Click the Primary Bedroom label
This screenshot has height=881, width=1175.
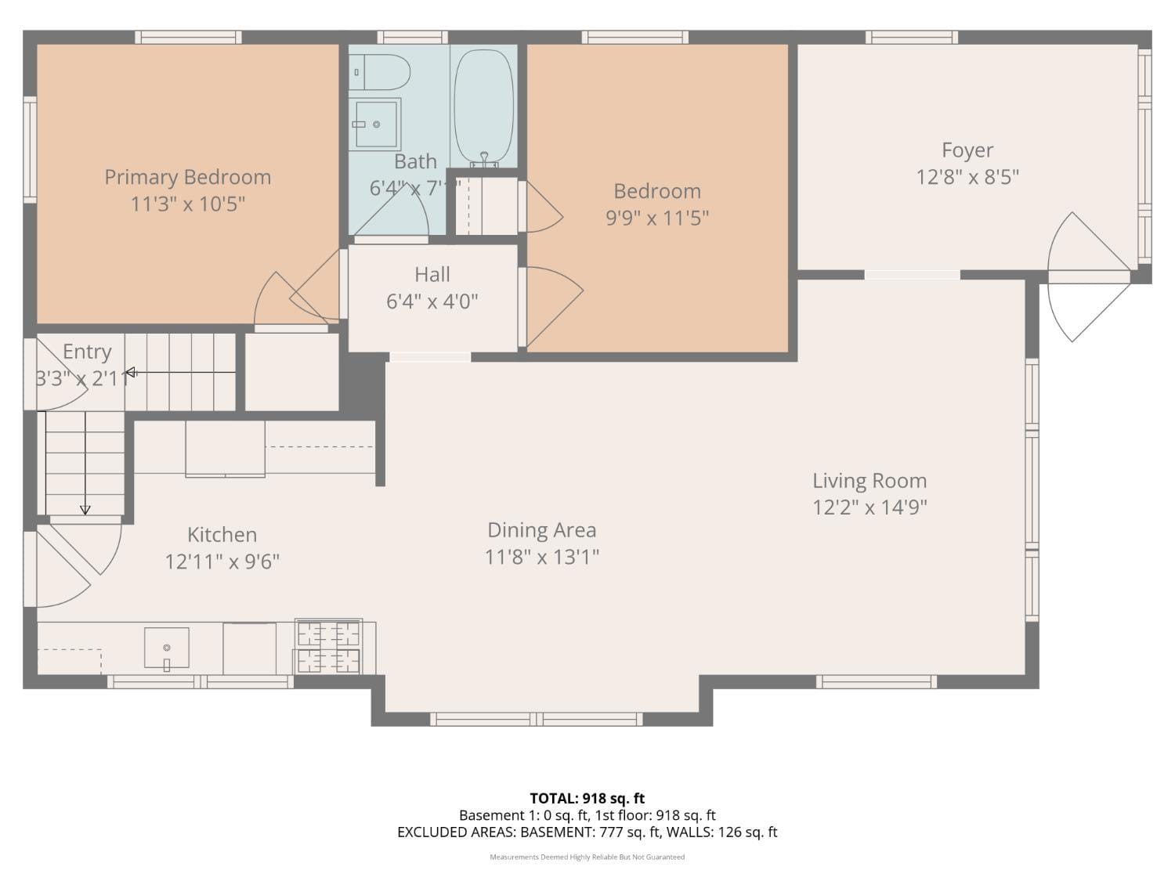pos(188,177)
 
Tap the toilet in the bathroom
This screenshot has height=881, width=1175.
pos(380,72)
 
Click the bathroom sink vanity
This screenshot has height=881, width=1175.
pos(375,124)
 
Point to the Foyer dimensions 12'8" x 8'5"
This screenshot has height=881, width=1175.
pos(967,177)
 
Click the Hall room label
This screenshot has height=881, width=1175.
pos(432,275)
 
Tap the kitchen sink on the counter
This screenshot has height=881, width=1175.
pos(166,648)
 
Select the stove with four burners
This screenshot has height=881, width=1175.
pos(328,647)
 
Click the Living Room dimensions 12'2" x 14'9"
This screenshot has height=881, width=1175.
pos(869,507)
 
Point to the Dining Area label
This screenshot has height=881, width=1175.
pos(541,530)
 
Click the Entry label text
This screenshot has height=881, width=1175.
pos(87,352)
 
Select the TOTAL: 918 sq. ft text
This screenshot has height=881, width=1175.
pos(587,799)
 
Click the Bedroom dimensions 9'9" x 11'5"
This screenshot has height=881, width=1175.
pos(657,218)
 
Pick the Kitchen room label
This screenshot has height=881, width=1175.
pos(222,535)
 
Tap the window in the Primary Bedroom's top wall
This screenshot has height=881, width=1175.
pos(188,37)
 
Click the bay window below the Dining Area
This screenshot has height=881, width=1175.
pos(536,719)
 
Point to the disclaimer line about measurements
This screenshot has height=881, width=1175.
pos(587,857)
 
